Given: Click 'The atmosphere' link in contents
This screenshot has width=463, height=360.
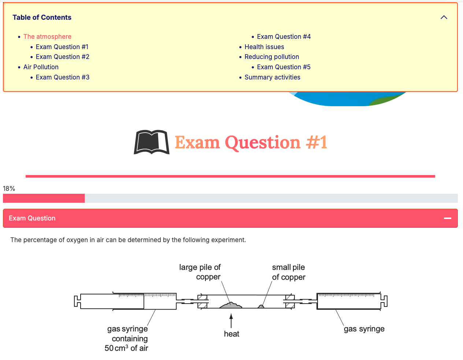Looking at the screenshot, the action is point(47,37).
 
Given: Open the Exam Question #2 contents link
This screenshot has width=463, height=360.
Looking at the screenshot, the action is point(62,57).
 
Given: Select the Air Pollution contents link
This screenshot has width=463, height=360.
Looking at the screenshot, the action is point(41,67).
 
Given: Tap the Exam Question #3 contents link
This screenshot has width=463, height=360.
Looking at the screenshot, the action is point(62,77).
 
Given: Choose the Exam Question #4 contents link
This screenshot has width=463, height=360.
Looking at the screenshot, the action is point(284,37).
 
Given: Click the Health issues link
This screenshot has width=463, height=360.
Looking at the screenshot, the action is point(264,47).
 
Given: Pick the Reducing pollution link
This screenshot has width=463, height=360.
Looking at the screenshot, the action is point(272,57).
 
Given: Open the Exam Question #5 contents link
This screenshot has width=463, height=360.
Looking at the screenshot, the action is point(284,67).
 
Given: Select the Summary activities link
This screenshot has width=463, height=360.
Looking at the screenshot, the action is point(272,77).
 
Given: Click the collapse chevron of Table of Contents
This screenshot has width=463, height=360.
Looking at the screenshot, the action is point(444,17).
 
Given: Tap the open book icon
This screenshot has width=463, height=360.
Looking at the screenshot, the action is point(152,142).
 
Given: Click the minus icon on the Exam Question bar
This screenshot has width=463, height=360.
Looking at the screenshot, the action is point(448,218).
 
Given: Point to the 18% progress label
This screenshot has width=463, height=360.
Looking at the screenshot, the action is point(9,189).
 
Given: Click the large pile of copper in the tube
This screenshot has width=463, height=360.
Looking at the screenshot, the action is point(231,305).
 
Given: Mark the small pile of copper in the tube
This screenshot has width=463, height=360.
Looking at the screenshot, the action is point(261,307).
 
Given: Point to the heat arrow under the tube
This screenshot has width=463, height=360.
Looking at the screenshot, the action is point(231,320).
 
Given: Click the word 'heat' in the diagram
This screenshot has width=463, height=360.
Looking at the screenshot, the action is point(231,334).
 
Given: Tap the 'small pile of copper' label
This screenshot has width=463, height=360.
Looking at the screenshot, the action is point(289,272).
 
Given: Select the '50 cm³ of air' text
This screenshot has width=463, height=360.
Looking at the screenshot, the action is point(126,348).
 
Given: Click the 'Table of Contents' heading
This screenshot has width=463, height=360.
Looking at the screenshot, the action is point(42,17).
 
